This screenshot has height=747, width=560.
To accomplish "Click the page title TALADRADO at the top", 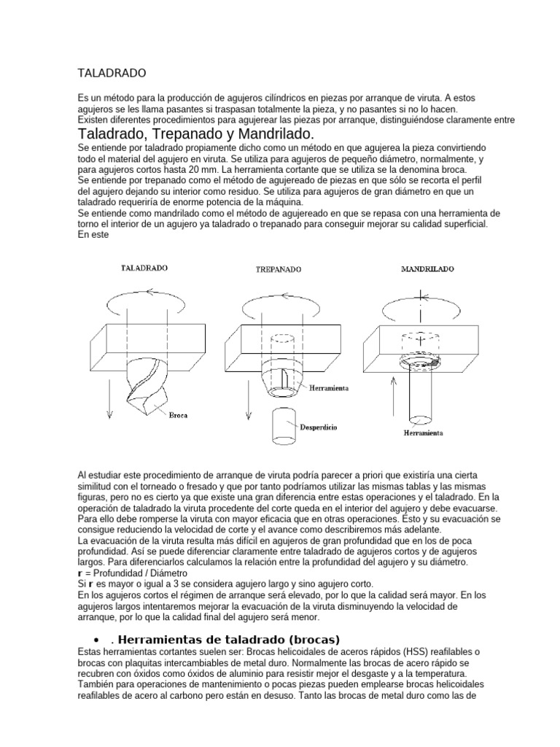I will pos(112,74).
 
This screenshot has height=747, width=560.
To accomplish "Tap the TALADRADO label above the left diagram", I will pos(144,268).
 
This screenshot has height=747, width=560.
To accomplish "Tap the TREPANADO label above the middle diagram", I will pos(278,269).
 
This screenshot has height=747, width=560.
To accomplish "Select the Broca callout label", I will pos(178,416).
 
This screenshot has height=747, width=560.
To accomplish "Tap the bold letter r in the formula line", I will pos(79,574).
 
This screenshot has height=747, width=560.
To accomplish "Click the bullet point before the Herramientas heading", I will pos(85,620).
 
